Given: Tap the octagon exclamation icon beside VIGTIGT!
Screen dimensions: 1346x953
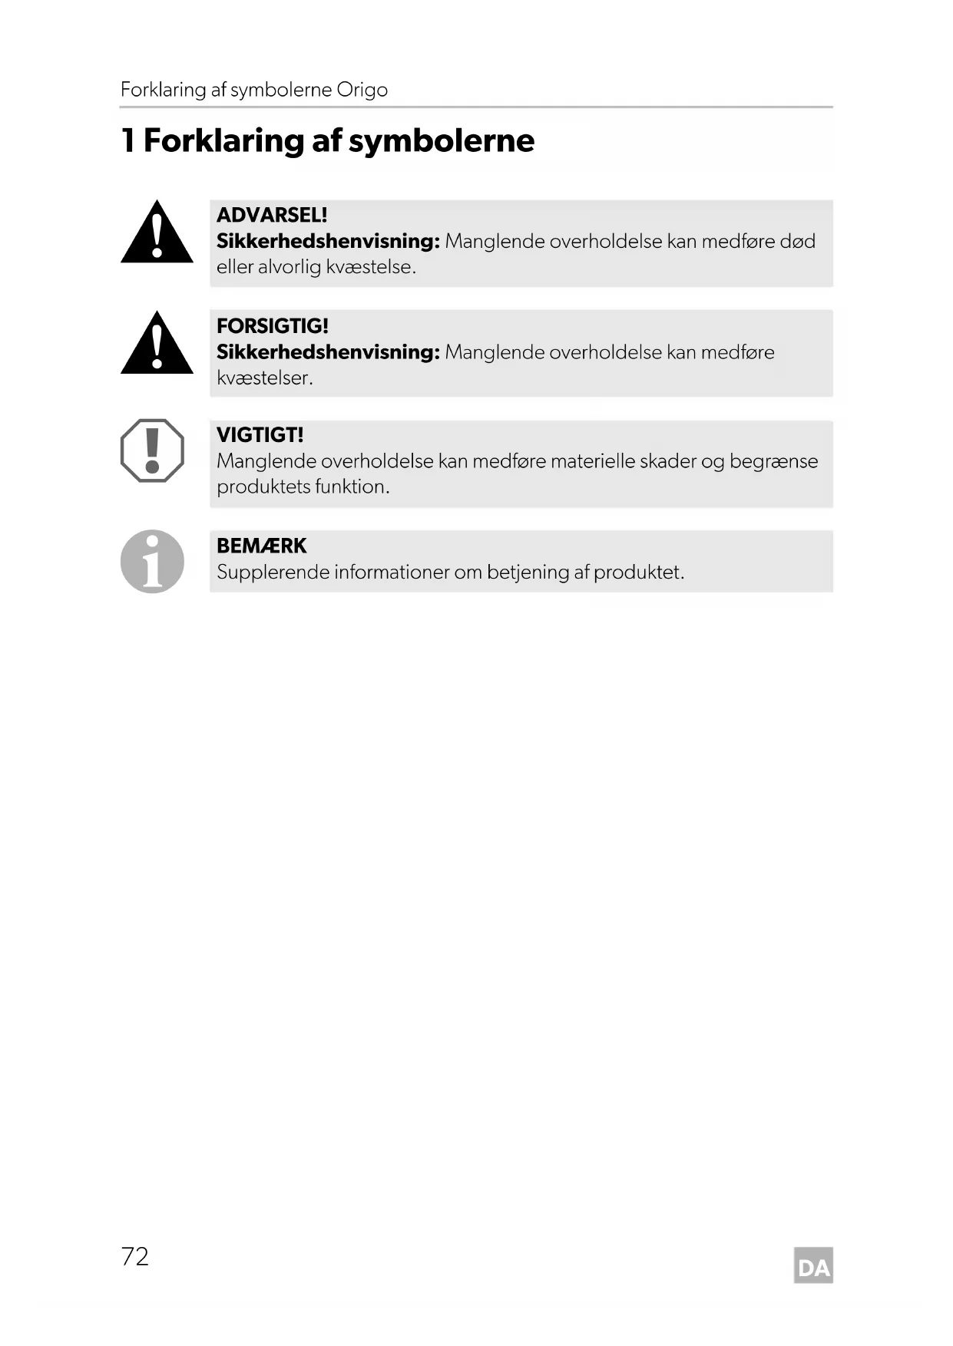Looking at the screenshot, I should tap(152, 450).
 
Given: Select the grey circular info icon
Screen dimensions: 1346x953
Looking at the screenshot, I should tap(152, 561).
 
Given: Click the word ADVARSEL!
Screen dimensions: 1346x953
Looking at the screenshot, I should tap(272, 215).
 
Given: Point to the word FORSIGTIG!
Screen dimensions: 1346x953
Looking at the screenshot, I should tap(273, 326).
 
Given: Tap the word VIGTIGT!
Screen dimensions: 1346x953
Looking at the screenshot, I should tap(260, 435).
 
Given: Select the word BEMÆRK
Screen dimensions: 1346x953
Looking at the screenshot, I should tap(261, 546).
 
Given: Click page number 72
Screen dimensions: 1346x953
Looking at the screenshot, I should tap(135, 1256).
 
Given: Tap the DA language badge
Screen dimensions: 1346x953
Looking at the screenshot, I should tap(813, 1266).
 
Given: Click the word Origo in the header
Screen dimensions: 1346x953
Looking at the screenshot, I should tap(362, 90).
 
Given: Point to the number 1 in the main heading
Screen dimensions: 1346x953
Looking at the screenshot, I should tap(128, 140).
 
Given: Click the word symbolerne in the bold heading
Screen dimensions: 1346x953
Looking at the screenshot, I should tap(442, 141).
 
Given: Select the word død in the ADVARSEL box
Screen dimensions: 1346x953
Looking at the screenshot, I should tap(797, 242).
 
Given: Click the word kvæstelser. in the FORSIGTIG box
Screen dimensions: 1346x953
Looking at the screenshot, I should tap(265, 378).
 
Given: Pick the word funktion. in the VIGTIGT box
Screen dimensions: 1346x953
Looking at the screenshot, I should tap(352, 487).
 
